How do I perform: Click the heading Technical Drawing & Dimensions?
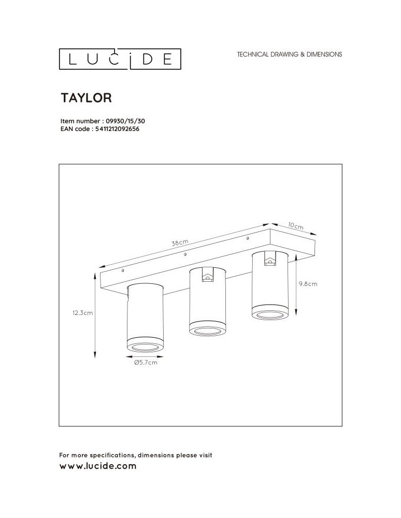click(x=289, y=54)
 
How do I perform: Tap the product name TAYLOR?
click(x=87, y=97)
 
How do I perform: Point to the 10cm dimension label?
click(x=295, y=226)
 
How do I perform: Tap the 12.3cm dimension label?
click(x=82, y=313)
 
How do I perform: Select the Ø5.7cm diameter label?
click(x=145, y=363)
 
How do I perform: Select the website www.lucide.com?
click(x=98, y=466)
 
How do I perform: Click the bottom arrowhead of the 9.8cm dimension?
click(x=295, y=313)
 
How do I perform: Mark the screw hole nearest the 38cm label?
click(x=185, y=254)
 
